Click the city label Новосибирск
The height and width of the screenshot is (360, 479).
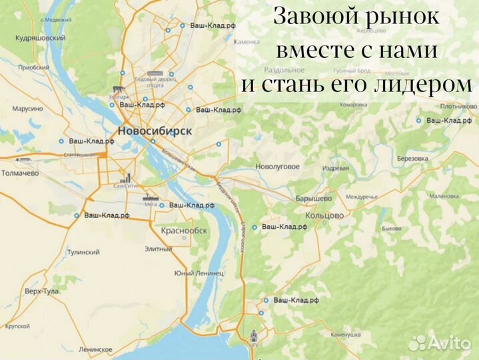(x=154, y=131)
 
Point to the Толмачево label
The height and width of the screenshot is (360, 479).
(x=19, y=173)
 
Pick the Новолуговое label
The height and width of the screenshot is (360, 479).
(x=278, y=166)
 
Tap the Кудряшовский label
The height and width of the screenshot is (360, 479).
(x=40, y=39)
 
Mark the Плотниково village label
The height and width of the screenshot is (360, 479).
(x=458, y=106)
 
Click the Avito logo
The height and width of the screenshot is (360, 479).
(x=440, y=342)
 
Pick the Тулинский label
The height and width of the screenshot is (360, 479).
(x=83, y=252)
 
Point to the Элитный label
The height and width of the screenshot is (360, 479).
(x=158, y=249)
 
